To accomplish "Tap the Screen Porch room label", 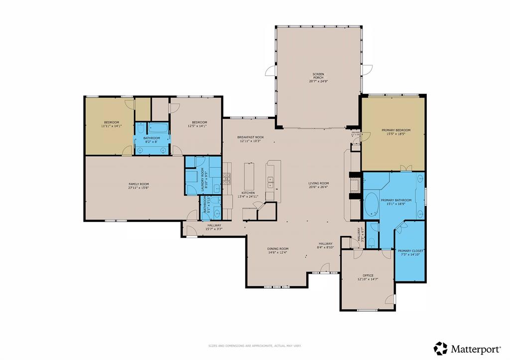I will point(318,76).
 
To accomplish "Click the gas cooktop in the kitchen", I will point(227,179).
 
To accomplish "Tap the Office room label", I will point(368,275).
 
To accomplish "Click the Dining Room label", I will point(278,248).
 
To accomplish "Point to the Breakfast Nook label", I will point(250,137).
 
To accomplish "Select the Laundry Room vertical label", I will point(203,179).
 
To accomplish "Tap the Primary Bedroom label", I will point(397,130).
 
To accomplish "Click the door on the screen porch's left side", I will point(270,71).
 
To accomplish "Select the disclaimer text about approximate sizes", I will point(254,346).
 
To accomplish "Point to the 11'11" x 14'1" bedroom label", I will point(111,122).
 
